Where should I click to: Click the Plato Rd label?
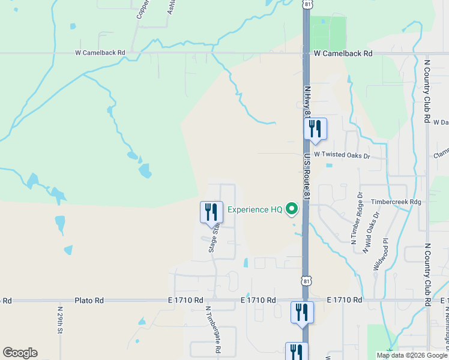(89, 300)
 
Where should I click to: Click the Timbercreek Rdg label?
(396, 202)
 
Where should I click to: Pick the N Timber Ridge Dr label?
(357, 218)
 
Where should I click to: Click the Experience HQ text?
(255, 209)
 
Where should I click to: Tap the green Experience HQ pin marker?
(292, 209)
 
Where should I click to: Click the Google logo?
(20, 353)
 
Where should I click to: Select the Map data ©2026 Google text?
(412, 355)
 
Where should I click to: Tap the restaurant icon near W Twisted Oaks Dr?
(315, 130)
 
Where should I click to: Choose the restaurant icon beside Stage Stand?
(211, 212)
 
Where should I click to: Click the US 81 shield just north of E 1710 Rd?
(307, 280)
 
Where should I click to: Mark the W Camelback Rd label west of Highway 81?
(100, 53)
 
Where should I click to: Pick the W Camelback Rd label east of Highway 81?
(343, 53)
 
